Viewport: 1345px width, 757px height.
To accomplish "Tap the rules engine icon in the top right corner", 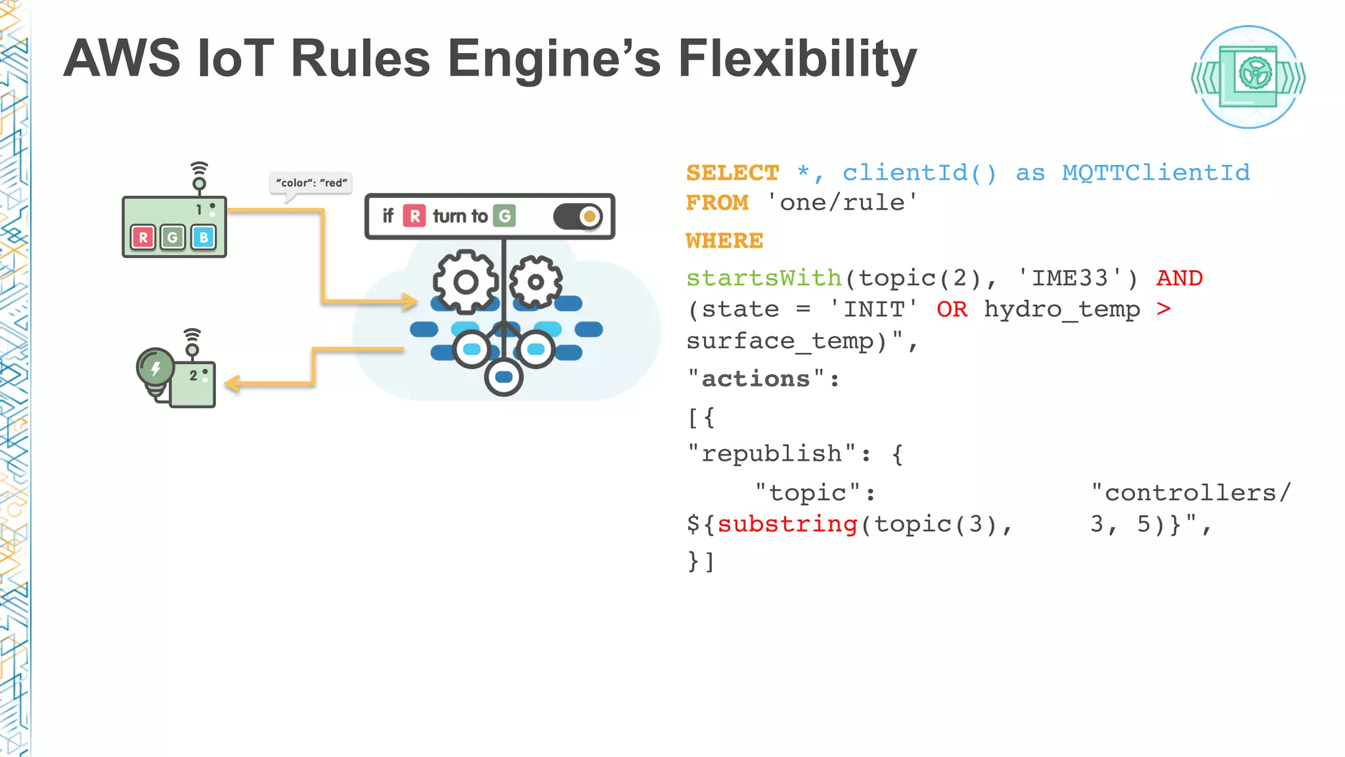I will pyautogui.click(x=1248, y=77).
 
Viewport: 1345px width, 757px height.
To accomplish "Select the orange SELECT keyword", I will pyautogui.click(x=732, y=173).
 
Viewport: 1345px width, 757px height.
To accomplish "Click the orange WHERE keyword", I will pyautogui.click(x=724, y=241).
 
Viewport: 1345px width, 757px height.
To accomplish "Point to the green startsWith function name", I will pyautogui.click(x=764, y=279).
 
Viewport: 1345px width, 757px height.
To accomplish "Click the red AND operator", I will pyautogui.click(x=1180, y=279).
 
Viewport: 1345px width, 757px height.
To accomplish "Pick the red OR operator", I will pyautogui.click(x=952, y=310).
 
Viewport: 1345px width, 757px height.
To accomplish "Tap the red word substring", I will pyautogui.click(x=787, y=524).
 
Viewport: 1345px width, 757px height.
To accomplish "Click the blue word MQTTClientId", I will pyautogui.click(x=1156, y=173).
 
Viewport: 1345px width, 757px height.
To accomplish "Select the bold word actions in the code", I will pyautogui.click(x=756, y=379).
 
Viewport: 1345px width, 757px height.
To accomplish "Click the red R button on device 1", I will pyautogui.click(x=143, y=237).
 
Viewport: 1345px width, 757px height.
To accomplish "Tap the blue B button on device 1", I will pyautogui.click(x=204, y=237).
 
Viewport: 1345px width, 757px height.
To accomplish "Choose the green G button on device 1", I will pyautogui.click(x=173, y=237).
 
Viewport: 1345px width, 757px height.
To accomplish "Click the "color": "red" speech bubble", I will pyautogui.click(x=311, y=183).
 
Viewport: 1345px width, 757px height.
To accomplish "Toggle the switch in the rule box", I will pyautogui.click(x=578, y=216).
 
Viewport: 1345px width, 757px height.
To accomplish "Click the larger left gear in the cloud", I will pyautogui.click(x=466, y=283).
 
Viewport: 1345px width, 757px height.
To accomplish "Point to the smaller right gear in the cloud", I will pyautogui.click(x=536, y=283).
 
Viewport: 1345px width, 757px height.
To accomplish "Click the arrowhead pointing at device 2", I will pyautogui.click(x=232, y=384).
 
